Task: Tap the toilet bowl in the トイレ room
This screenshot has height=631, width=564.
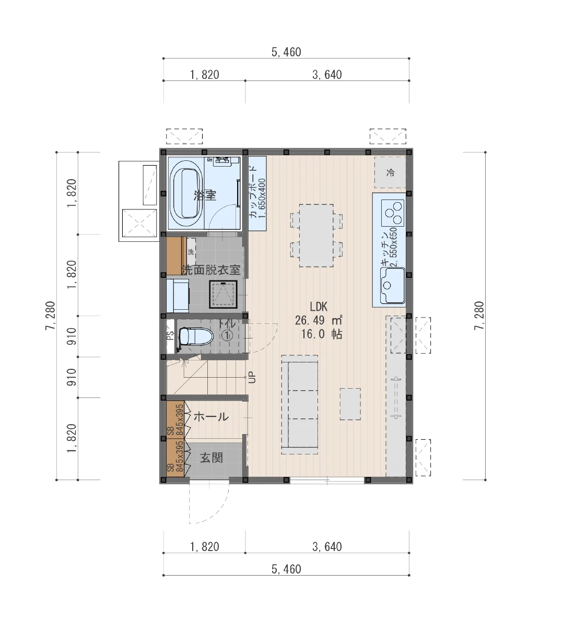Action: pos(196,336)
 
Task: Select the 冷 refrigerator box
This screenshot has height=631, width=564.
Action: pos(390,172)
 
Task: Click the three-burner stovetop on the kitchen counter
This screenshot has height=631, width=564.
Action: pos(392,213)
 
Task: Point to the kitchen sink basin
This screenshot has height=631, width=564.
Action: pos(392,286)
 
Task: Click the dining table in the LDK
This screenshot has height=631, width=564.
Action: pos(316,236)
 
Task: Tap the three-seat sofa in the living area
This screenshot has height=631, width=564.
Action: pos(300,405)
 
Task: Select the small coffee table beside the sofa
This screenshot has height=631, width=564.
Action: pos(350,404)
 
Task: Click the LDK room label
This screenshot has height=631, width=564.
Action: pos(319,307)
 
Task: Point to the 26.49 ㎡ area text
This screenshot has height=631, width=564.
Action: pos(319,320)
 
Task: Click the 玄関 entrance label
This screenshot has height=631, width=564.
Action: pos(211,458)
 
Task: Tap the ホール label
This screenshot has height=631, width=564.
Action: pos(211,417)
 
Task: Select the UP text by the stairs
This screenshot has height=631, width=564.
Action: pos(252,378)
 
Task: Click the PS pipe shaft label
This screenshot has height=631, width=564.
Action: pos(170,335)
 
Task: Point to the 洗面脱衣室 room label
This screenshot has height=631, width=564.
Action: pos(211,270)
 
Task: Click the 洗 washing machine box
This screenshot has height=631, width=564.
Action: pos(191,252)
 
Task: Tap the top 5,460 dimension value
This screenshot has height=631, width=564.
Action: pos(286,52)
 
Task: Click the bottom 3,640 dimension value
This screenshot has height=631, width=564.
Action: pos(327,546)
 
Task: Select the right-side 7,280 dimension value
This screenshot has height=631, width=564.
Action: pos(479,316)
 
